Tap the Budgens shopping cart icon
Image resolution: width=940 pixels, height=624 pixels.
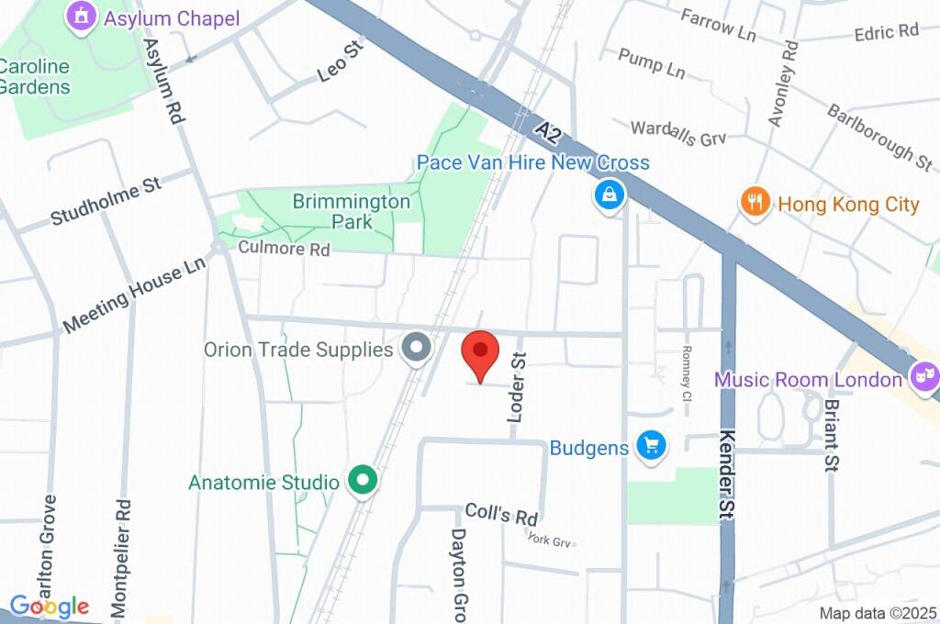point(652,446)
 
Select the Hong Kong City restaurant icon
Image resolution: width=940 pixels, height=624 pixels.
point(755,202)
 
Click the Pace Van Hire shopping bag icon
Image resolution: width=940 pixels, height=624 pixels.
point(608,194)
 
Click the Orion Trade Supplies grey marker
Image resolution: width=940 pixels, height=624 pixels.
point(418,348)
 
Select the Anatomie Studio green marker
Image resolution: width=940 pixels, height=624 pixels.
point(364,480)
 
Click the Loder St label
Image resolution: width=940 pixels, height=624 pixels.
point(518,388)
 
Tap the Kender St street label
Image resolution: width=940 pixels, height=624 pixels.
point(728,476)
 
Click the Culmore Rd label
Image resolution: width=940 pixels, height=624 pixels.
point(284,249)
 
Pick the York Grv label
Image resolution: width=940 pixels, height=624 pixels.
point(550,540)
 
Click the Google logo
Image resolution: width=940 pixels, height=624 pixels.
point(50,607)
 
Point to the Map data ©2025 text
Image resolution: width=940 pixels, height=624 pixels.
point(878,613)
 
